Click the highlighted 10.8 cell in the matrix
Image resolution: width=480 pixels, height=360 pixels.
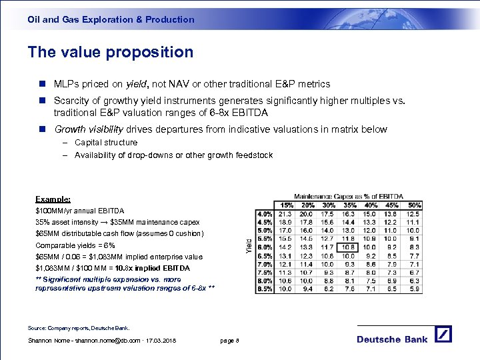[x=348, y=247]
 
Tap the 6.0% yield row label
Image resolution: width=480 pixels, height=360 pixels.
[x=264, y=247]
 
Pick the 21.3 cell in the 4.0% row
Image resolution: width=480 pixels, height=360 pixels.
[x=285, y=213]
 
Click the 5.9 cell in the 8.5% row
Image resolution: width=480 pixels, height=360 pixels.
[x=413, y=289]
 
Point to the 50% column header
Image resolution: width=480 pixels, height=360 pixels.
[x=413, y=205]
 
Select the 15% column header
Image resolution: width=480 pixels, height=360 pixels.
[x=286, y=205]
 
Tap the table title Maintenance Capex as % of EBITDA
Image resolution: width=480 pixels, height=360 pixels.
[x=349, y=196]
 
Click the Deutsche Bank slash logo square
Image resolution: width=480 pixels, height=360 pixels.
[x=443, y=335]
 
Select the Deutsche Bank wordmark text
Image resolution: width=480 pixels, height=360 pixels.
[x=392, y=339]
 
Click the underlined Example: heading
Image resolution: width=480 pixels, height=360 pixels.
[x=53, y=199]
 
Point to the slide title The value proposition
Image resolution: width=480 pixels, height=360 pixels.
[x=111, y=52]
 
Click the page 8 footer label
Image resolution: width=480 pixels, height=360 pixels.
[x=229, y=341]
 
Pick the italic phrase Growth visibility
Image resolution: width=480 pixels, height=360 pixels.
[x=87, y=129]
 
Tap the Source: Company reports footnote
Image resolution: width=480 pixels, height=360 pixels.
[x=79, y=328]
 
